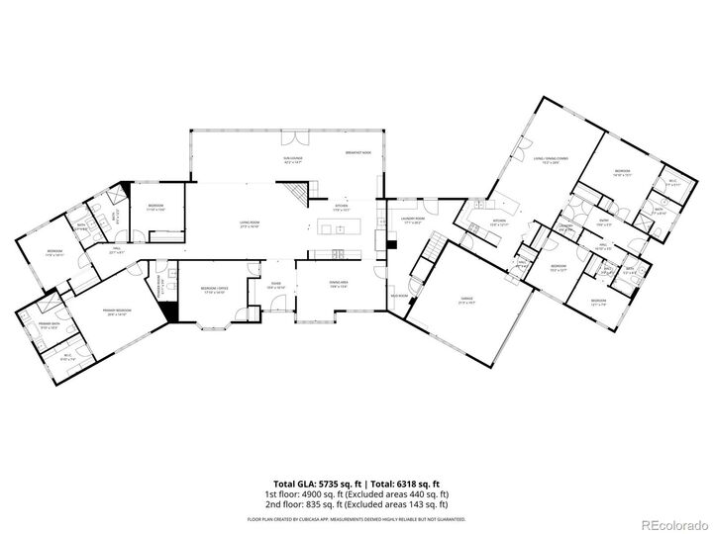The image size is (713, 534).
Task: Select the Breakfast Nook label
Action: [357, 152]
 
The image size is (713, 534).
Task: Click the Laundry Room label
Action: [413, 220]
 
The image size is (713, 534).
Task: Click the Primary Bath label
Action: [51, 325]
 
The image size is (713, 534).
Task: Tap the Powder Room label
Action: [162, 290]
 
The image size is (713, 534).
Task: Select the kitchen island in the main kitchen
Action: [340, 229]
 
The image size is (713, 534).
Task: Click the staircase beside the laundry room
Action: [422, 265]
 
